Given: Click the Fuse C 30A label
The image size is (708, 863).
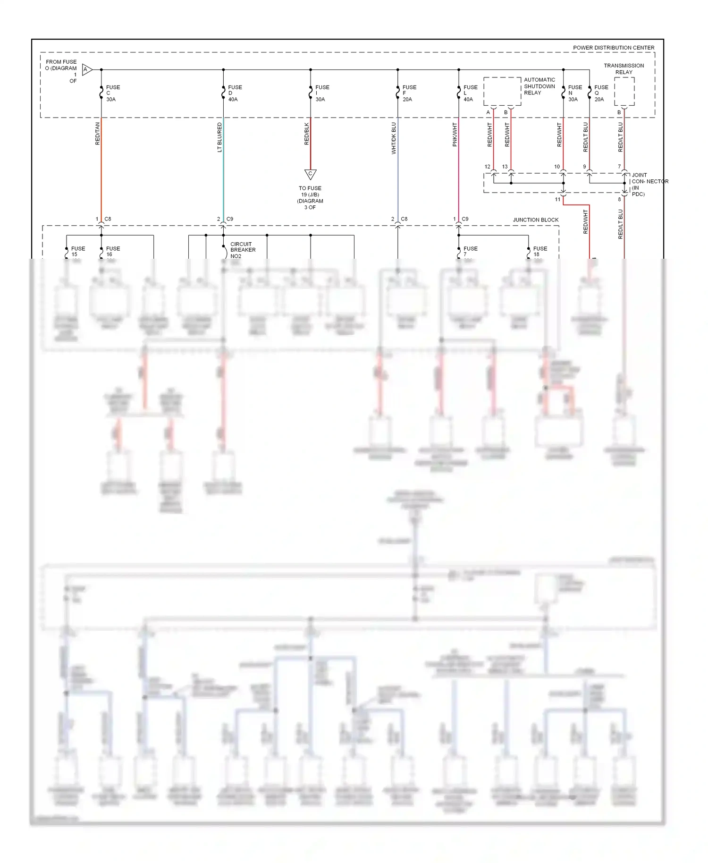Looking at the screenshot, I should coord(112,93).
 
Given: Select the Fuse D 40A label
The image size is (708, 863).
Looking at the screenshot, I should coord(235,93).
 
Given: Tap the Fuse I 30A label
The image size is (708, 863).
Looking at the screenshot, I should coord(322,93).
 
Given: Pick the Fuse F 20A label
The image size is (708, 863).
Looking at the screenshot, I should coord(409,93).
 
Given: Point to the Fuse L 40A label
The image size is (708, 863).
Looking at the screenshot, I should coord(470,93).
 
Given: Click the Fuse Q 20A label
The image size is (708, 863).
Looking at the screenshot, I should coord(600,93).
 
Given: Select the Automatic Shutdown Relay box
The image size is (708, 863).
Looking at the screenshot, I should coord(502,91).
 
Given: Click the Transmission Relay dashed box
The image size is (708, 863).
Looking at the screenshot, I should coord(624,92).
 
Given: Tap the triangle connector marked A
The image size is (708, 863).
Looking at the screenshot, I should coord(87,70).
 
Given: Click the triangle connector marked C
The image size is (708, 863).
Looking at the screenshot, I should coord(310,174).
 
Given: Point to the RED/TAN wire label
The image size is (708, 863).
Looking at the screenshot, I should coord(98,134).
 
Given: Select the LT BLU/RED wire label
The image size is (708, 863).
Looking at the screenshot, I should coord(219,137).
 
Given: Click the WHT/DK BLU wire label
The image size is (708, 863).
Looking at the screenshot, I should coord(394,138).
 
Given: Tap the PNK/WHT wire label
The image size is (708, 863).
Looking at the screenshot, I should coord(455,135).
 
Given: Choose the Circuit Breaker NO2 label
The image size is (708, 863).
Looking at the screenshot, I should coord(243,250).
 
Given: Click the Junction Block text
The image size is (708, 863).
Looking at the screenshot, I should coord(535,220).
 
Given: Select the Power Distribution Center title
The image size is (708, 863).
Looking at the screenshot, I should coord(613,48).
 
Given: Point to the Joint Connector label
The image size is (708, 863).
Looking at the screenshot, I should coord(649,184).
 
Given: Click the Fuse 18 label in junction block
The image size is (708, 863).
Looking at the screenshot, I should coord(539,251).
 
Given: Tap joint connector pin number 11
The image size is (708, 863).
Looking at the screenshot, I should coord(557,200).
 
